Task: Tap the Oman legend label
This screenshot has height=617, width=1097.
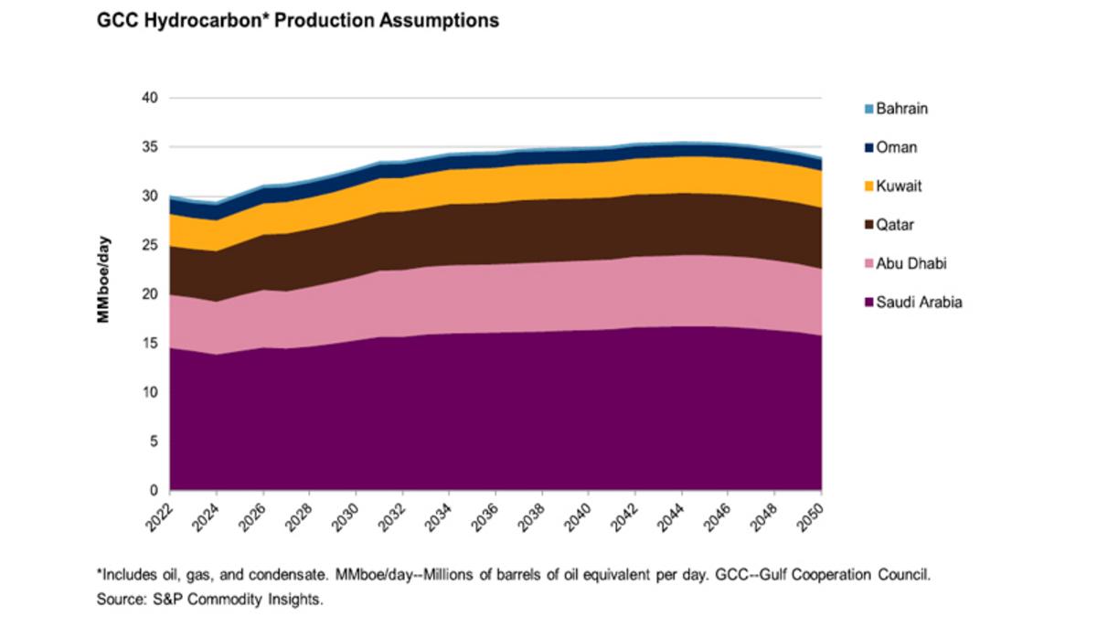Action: pos(897,147)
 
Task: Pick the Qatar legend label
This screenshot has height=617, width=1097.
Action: pos(896,225)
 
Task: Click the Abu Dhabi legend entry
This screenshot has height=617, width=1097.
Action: pos(911,264)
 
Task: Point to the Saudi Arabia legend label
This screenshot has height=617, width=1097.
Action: pos(919,303)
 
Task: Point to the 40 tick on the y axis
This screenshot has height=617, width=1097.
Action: pos(151,98)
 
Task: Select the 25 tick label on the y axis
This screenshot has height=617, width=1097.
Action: pos(151,245)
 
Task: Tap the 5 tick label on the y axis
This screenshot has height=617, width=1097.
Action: pos(154,441)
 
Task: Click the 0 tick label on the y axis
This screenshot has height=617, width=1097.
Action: pos(154,491)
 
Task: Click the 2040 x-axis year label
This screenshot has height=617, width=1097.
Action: pos(580,516)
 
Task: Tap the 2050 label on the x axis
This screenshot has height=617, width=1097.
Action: pos(812,516)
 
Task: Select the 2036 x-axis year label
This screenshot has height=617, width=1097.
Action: pos(487,516)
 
